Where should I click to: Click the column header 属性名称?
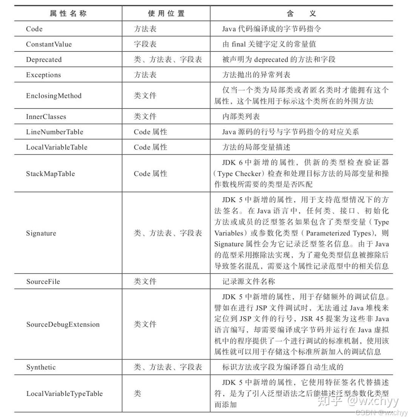pos(68,14)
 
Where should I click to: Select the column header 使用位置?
pos(166,14)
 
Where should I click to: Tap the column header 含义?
pos(301,14)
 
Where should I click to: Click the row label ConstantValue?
pos(49,44)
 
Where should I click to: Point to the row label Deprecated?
pos(44,60)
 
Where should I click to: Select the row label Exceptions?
pos(43,75)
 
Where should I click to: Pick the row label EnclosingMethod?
pos(54,96)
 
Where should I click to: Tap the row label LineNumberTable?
pos(54,132)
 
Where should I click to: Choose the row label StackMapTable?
pos(50,174)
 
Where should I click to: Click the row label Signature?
pos(41,233)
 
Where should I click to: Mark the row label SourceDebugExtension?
pos(63,325)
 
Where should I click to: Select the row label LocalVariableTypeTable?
pos(64,394)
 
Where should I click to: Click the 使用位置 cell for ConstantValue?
pos(145,44)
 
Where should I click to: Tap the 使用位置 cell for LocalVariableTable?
pos(150,147)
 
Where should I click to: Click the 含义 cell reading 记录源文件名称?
pos(248,281)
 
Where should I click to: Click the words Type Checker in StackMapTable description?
pos(239,174)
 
